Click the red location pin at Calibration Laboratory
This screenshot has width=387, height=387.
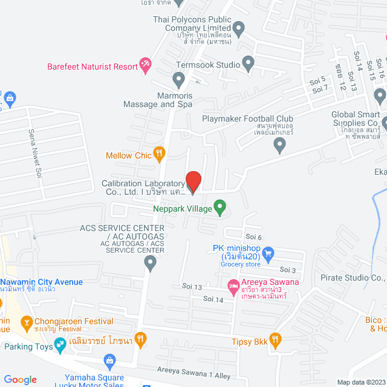tap(193, 181)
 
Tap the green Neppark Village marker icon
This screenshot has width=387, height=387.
tap(220, 209)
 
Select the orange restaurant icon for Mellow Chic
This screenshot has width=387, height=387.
tap(160, 155)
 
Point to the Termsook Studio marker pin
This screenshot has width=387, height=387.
tap(248, 62)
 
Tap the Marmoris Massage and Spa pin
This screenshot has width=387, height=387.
tap(178, 79)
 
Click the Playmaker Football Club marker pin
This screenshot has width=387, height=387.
tap(279, 144)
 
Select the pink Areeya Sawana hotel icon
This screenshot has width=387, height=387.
tap(232, 284)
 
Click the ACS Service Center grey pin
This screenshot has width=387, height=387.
tap(151, 262)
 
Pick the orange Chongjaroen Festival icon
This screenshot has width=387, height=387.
tap(26, 322)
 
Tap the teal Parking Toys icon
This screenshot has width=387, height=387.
tap(60, 345)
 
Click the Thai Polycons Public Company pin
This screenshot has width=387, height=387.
tap(238, 28)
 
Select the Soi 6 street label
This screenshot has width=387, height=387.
tap(253, 236)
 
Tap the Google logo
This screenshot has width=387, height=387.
tap(20, 379)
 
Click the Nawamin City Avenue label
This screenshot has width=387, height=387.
tap(41, 282)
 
